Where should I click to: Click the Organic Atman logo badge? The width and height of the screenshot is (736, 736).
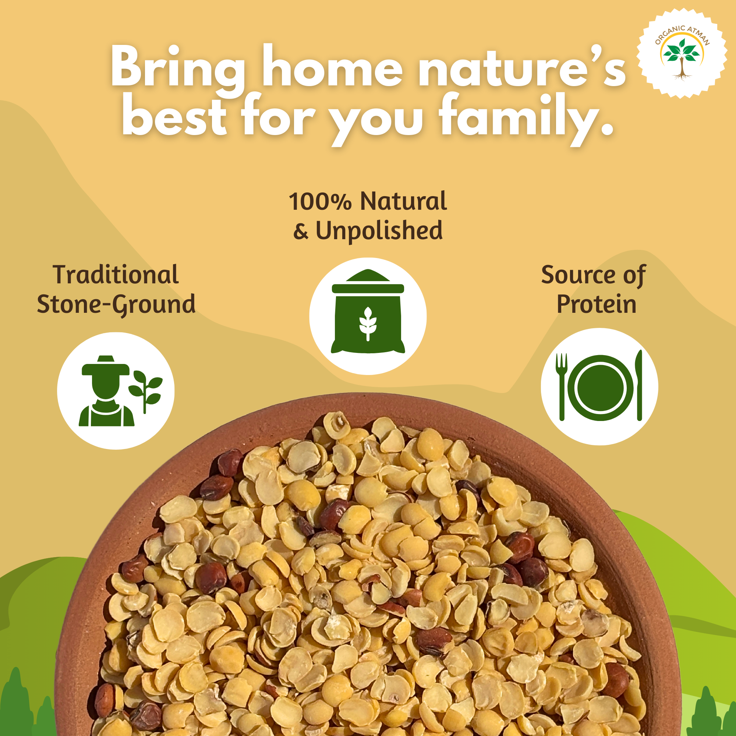click(682, 53)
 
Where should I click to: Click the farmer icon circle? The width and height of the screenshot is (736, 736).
click(116, 391)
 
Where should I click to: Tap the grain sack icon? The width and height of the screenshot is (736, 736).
click(368, 311)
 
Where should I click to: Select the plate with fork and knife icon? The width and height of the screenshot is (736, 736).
click(599, 387)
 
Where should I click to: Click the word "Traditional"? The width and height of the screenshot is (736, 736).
click(116, 275)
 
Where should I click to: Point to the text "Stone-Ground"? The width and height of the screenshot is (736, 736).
click(116, 305)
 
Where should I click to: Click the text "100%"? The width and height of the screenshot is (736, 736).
click(320, 202)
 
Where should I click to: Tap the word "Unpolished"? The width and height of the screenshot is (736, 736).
click(379, 231)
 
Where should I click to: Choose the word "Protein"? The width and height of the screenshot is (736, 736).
click(597, 304)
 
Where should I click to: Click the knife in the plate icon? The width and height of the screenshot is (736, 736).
click(638, 385)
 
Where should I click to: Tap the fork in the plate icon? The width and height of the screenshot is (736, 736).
click(562, 387)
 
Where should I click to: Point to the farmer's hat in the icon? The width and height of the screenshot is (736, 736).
click(106, 366)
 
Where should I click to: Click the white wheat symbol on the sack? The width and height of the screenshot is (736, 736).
click(368, 324)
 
